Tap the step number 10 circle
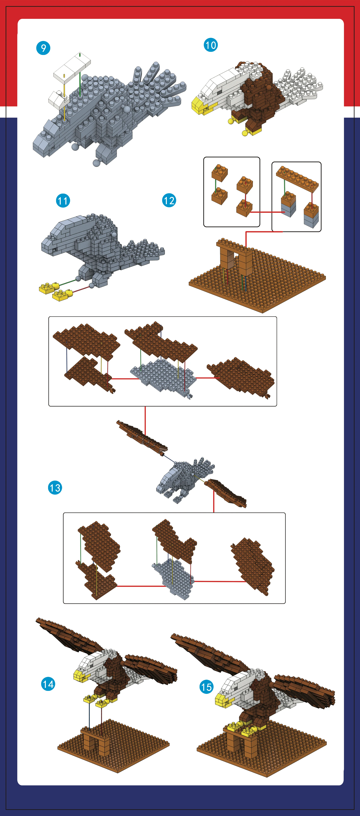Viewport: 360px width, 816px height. click(x=211, y=45)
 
